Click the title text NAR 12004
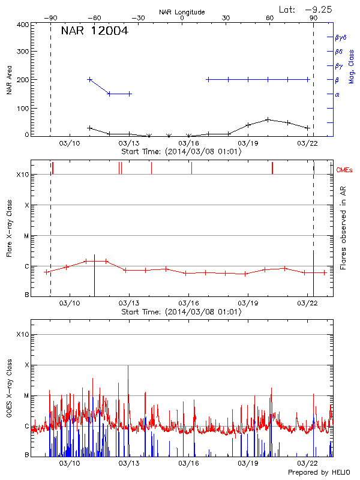pyautogui.click(x=94, y=31)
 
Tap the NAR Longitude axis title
pyautogui.click(x=182, y=12)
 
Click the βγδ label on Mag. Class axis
pyautogui.click(x=340, y=37)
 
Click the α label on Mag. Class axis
pyautogui.click(x=337, y=94)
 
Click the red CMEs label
pyautogui.click(x=344, y=170)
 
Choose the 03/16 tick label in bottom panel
pyautogui.click(x=189, y=463)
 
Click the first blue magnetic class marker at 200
pyautogui.click(x=90, y=79)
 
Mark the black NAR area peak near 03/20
pyautogui.click(x=268, y=119)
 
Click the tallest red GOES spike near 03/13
pyautogui.click(x=128, y=365)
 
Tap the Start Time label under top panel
pyautogui.click(x=181, y=151)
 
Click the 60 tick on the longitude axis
pyautogui.click(x=270, y=18)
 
